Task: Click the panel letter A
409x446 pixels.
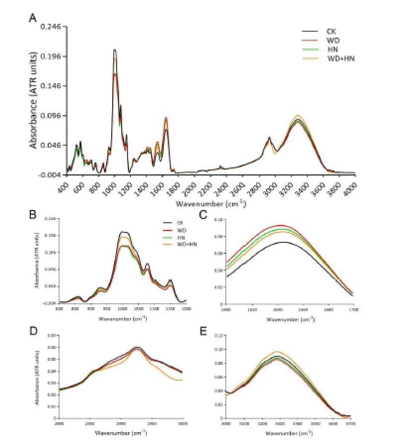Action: (x=33, y=18)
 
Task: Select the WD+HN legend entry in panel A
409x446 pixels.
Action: (x=341, y=58)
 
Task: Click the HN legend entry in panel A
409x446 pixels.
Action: (x=332, y=50)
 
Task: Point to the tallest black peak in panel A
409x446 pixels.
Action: (x=115, y=50)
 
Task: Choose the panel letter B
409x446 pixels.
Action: (x=33, y=215)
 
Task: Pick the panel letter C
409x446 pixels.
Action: (x=203, y=215)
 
